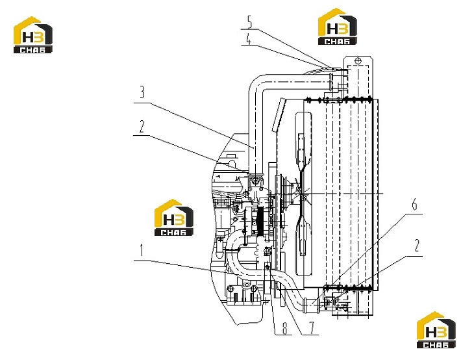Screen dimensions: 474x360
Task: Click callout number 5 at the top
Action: point(250,21)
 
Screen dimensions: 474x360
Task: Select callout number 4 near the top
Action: point(249,39)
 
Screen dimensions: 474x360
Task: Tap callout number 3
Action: point(142,92)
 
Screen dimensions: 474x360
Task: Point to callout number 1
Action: point(141,250)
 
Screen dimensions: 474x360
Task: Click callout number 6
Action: point(414,205)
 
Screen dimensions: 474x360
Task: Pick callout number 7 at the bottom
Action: point(312,328)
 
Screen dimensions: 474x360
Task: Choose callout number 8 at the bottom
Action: point(284,328)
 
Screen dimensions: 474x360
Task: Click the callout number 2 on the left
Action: point(142,127)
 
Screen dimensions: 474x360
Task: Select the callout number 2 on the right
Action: point(417,246)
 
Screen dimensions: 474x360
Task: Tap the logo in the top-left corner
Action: point(33,35)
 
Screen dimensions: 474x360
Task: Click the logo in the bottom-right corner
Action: point(436,329)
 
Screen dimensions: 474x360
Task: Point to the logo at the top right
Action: point(338,27)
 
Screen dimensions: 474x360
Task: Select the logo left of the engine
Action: point(174,218)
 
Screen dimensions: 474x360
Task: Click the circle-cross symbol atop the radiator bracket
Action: point(358,60)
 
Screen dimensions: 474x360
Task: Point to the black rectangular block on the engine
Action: point(255,220)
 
